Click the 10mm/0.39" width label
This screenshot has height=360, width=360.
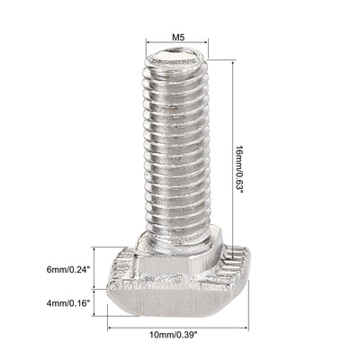point(173,335)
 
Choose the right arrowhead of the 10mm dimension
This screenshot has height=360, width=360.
point(243,326)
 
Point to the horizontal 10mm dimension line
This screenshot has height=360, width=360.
point(176,326)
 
